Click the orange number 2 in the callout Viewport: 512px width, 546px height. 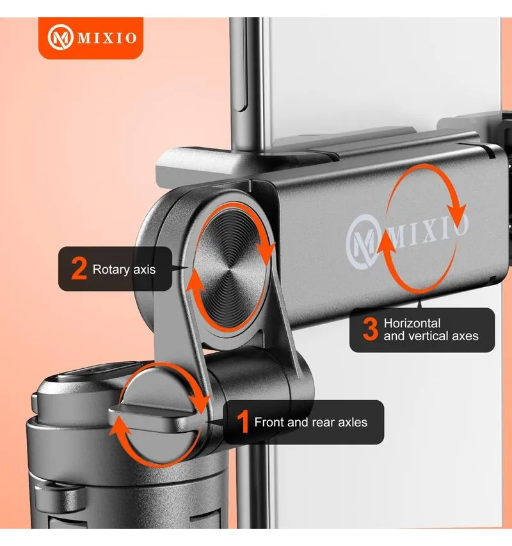click(x=79, y=268)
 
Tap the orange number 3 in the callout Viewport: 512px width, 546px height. click(x=370, y=329)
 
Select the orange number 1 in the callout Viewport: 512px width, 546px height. click(x=244, y=422)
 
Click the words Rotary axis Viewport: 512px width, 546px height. click(x=124, y=270)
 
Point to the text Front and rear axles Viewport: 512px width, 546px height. click(x=310, y=423)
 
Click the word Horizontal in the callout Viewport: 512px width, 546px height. click(x=412, y=323)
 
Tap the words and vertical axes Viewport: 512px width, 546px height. click(x=431, y=336)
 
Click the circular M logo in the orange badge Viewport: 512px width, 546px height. click(x=60, y=38)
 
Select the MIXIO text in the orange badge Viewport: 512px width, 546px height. click(x=107, y=38)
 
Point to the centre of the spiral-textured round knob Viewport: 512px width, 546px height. click(x=230, y=268)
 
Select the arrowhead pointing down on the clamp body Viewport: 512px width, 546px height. click(x=456, y=212)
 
